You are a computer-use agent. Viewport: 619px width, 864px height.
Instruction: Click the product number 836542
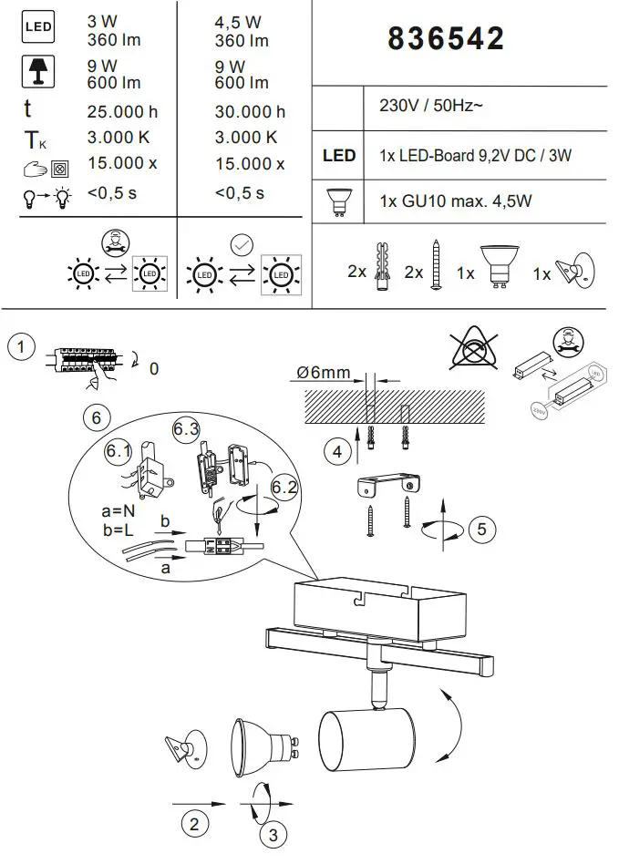(446, 38)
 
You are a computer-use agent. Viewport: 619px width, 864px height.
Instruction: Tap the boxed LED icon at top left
(37, 28)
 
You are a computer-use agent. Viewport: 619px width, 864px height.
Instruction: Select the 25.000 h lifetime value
(121, 112)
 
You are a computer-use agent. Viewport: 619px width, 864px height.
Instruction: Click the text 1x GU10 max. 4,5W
(455, 201)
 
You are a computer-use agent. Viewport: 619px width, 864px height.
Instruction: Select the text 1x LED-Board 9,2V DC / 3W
(474, 156)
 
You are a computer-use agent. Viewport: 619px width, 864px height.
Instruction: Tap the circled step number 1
(21, 347)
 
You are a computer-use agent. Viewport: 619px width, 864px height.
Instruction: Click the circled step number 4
(338, 449)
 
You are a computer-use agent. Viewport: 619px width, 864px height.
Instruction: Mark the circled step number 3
(271, 833)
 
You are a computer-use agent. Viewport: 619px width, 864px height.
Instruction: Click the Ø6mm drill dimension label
(323, 373)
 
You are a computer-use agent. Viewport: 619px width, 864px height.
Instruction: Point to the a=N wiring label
(119, 513)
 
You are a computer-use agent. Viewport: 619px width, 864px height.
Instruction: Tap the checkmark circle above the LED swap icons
(242, 243)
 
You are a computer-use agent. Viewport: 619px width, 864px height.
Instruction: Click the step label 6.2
(284, 487)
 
